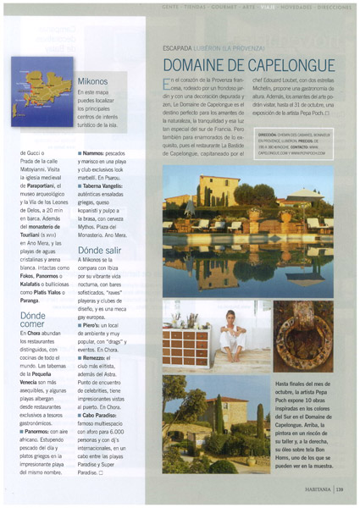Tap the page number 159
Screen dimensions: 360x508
(x=340, y=488)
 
